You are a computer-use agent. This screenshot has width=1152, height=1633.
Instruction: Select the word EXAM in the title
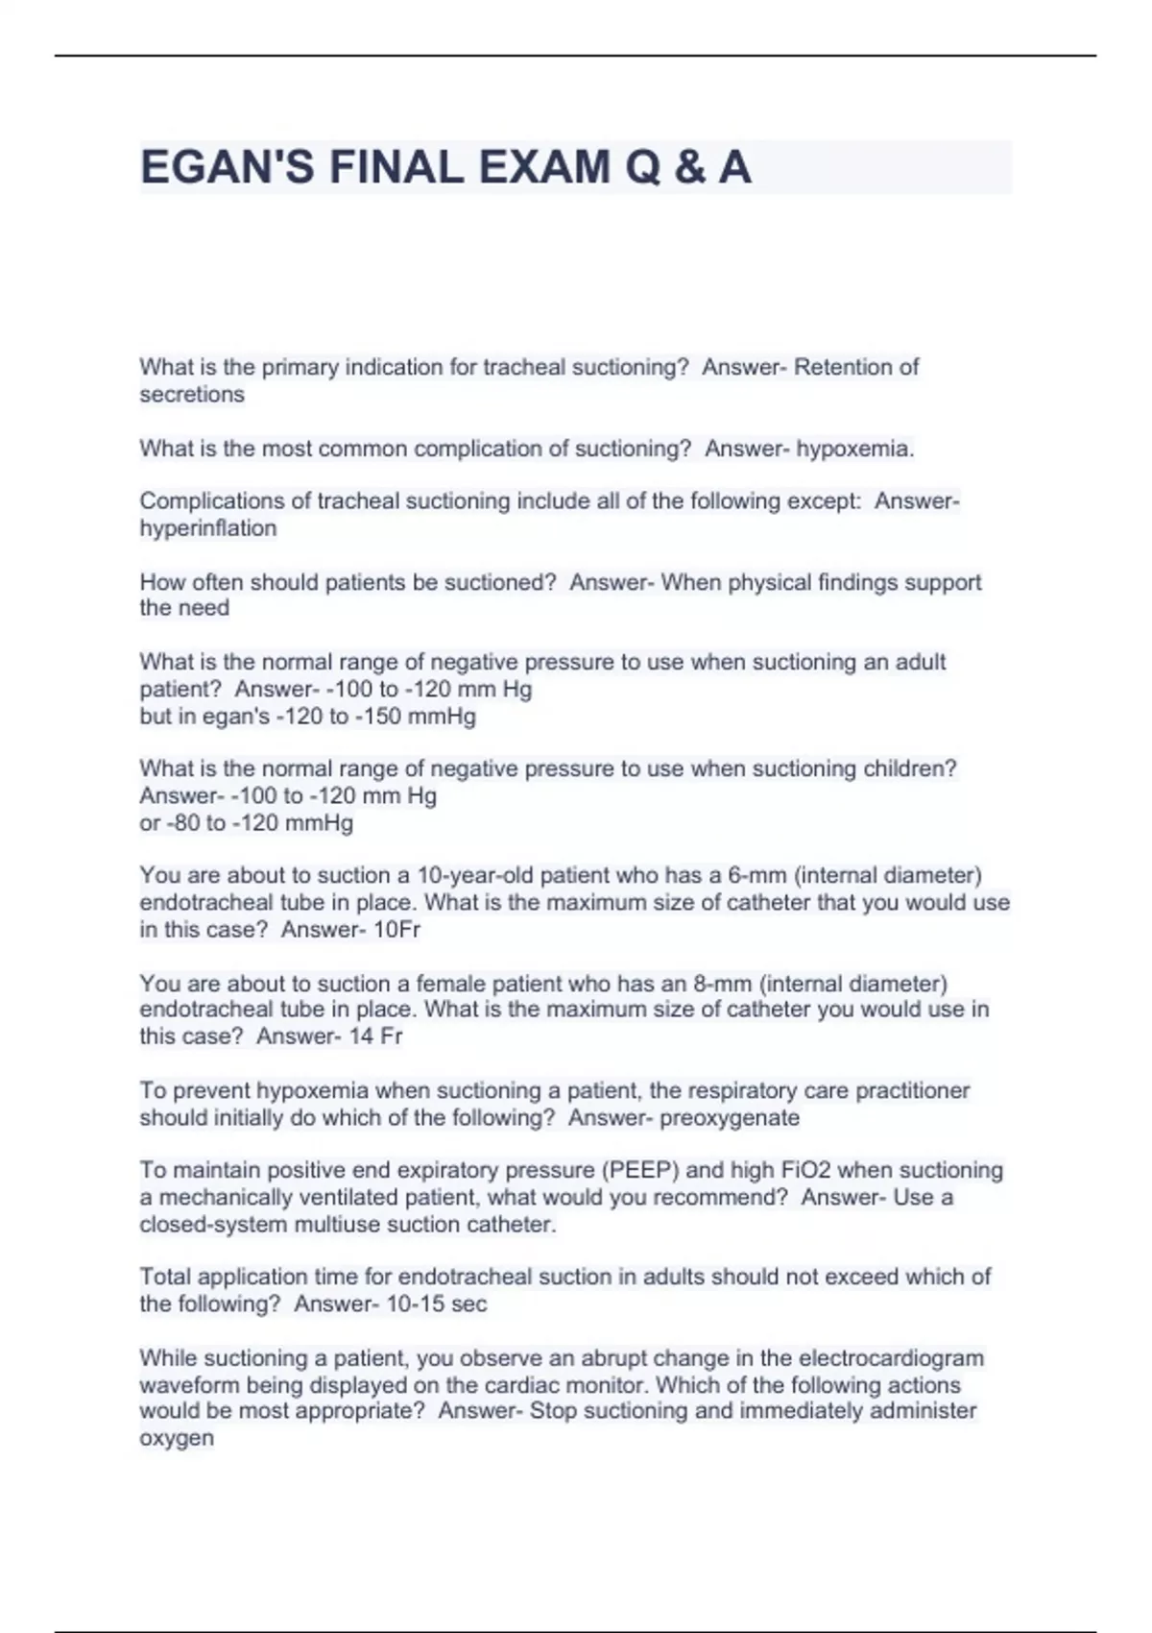[x=544, y=168]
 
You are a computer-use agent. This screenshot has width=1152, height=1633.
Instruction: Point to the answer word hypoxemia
[x=853, y=449]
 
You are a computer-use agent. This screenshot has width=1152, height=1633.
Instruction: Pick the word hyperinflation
[x=208, y=528]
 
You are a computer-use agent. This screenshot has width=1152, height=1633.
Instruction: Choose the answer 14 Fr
[x=375, y=1036]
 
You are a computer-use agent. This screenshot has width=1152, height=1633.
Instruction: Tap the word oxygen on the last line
[x=177, y=1438]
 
